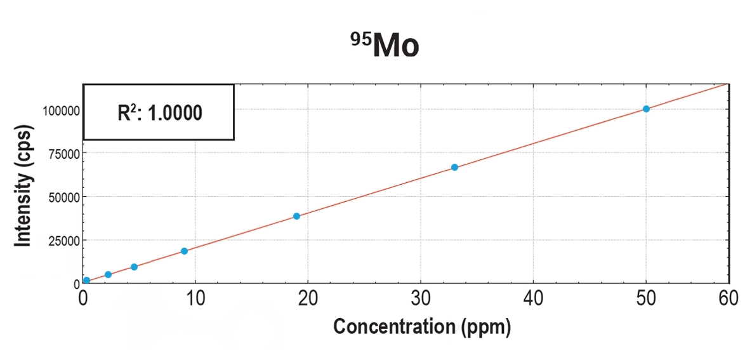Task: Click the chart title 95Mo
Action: pos(385,46)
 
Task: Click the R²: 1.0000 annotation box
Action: pos(159,112)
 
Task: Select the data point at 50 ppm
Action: pos(646,109)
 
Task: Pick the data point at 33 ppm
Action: pos(454,167)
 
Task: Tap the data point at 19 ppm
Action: pos(296,216)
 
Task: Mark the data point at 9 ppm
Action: pos(184,251)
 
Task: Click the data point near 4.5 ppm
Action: pos(134,267)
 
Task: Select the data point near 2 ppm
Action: pos(108,274)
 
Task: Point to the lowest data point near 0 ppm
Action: pos(86,280)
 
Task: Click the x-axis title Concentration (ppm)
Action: pos(421,327)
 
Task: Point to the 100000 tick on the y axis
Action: pos(61,110)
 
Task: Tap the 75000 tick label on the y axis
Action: pos(63,154)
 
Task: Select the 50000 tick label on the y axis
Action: pos(63,197)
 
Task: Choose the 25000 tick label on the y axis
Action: pos(63,241)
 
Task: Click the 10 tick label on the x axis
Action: pos(195,298)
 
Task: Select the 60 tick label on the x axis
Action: pos(729,298)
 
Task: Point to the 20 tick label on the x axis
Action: pos(308,298)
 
